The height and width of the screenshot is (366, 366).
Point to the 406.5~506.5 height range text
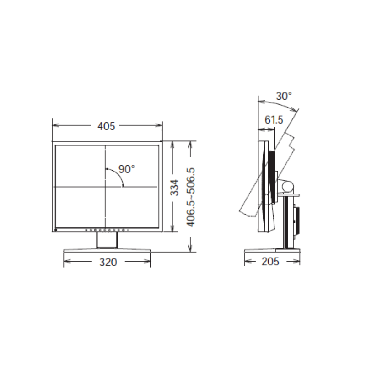point(191,197)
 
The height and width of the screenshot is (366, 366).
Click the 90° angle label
point(126,169)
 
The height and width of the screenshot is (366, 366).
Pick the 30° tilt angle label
point(284,96)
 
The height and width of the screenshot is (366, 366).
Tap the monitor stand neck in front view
point(107,240)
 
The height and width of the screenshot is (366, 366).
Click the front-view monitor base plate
point(107,250)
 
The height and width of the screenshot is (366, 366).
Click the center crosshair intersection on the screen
point(106,187)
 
